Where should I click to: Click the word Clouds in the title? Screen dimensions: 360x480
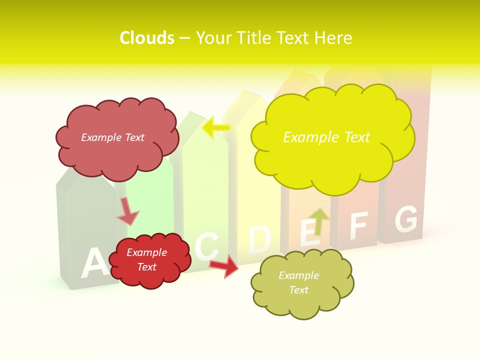click(147, 38)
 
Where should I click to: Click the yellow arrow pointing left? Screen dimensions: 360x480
click(216, 127)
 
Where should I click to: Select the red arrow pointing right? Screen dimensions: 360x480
click(225, 266)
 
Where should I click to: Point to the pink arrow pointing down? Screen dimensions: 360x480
click(127, 211)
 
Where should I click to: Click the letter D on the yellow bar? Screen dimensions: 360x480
click(259, 239)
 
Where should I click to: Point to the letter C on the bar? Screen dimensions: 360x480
click(207, 246)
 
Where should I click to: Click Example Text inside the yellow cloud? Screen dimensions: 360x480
click(326, 137)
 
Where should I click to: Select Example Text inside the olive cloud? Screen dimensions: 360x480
click(298, 282)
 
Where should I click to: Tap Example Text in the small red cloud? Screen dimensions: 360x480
click(146, 259)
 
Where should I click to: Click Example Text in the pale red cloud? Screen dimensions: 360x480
click(112, 137)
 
